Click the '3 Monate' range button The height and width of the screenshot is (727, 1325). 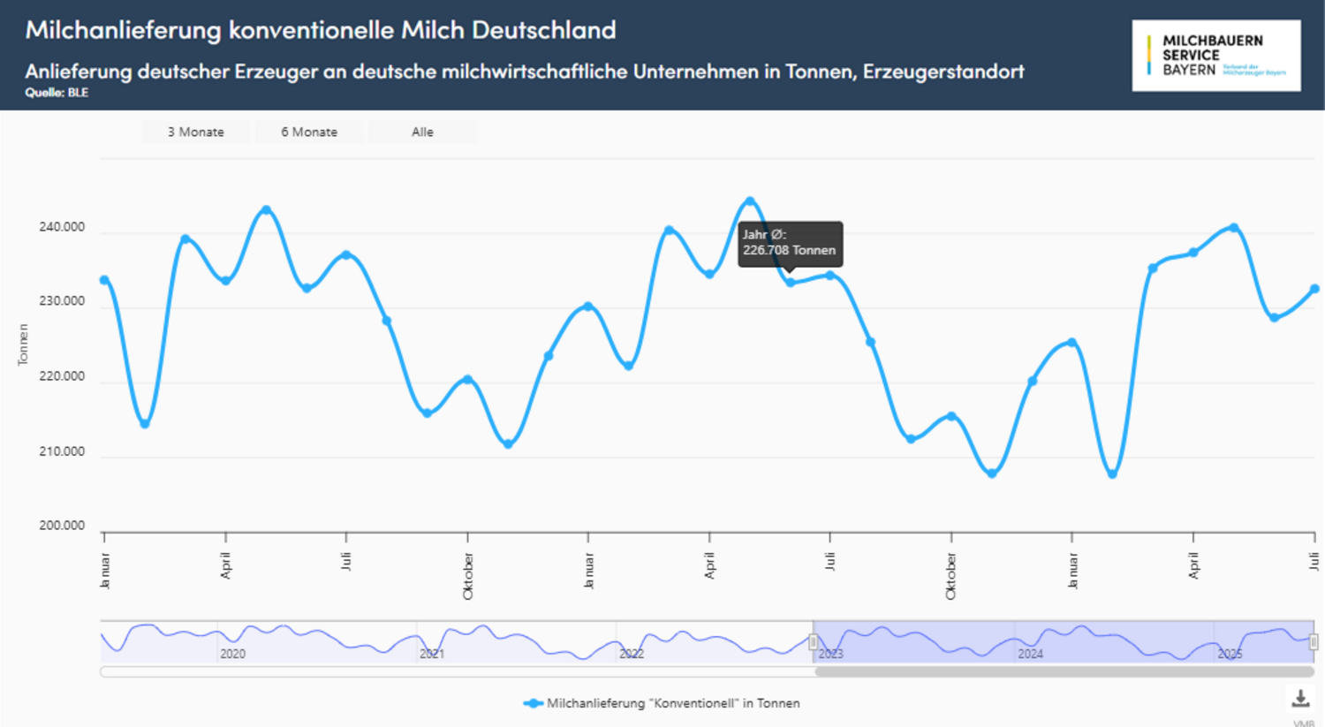pos(195,132)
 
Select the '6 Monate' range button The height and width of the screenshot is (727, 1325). pos(309,132)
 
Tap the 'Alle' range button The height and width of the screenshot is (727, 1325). pos(422,132)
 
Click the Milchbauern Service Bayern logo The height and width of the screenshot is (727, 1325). pos(1215,56)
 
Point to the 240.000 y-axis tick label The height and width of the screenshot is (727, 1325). pos(62,227)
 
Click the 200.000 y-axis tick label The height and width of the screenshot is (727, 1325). pos(62,526)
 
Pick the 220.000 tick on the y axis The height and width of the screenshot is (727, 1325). pos(62,376)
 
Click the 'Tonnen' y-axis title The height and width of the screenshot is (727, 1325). pos(23,345)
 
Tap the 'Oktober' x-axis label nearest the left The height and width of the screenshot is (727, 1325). pos(468,576)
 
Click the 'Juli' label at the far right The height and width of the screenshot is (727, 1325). pos(1314,562)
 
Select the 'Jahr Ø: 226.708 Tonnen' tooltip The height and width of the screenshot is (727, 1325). pos(790,243)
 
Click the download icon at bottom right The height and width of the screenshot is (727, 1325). pos(1300,699)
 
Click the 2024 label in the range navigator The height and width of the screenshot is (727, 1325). pos(1030,654)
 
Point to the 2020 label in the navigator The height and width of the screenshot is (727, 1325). pos(232,654)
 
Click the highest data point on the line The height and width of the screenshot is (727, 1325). pos(750,201)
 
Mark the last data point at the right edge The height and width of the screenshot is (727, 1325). pos(1314,289)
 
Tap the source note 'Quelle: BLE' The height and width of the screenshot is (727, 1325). pos(57,92)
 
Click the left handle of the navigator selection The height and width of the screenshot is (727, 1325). pos(813,642)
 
